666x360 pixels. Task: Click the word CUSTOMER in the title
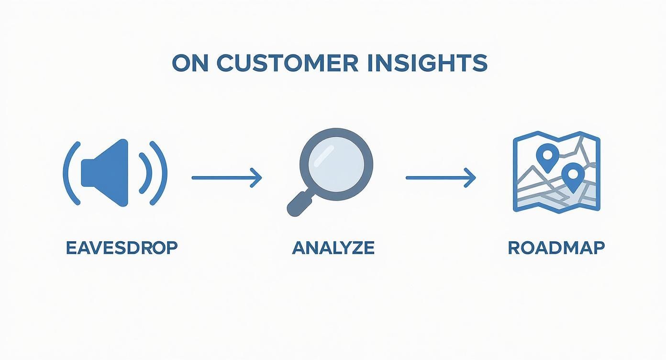click(x=287, y=64)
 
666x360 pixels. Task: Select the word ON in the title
click(x=190, y=64)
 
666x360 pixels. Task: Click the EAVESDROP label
click(x=122, y=248)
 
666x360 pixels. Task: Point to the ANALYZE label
click(x=333, y=248)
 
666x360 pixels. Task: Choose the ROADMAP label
click(x=556, y=248)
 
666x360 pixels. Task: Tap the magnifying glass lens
click(x=336, y=163)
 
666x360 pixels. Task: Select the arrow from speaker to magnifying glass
click(x=225, y=178)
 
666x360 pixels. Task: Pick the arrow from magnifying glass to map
click(x=439, y=178)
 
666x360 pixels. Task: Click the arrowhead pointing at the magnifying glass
click(x=257, y=178)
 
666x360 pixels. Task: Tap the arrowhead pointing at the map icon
click(x=471, y=178)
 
